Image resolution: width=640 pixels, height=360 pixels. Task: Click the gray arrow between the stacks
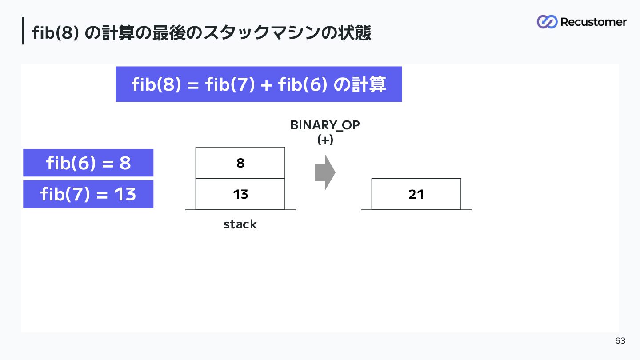[325, 172]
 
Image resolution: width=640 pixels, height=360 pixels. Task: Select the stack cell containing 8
[240, 163]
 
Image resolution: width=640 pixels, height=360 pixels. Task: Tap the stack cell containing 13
[240, 194]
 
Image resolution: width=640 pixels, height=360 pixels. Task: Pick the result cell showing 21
[416, 194]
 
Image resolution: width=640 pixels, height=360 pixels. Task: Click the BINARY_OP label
[325, 125]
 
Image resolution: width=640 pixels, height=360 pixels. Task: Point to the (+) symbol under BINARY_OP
[325, 140]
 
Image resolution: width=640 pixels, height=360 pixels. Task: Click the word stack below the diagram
[240, 224]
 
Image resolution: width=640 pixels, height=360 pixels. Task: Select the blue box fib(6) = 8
[88, 163]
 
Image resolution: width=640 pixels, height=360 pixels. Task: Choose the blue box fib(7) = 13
[88, 194]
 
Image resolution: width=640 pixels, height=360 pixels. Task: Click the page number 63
[620, 340]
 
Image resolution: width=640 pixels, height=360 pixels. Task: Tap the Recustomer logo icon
[547, 22]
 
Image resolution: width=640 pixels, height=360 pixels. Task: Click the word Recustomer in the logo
[593, 22]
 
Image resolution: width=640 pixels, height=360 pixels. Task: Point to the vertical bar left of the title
[23, 31]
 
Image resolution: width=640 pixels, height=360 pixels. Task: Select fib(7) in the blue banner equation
[230, 84]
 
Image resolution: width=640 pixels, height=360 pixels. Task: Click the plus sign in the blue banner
[266, 85]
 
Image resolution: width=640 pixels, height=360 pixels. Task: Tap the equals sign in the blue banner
[193, 85]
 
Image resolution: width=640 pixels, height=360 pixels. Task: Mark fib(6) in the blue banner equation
[302, 84]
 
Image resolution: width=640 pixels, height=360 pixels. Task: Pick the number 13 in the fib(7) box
[125, 194]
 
